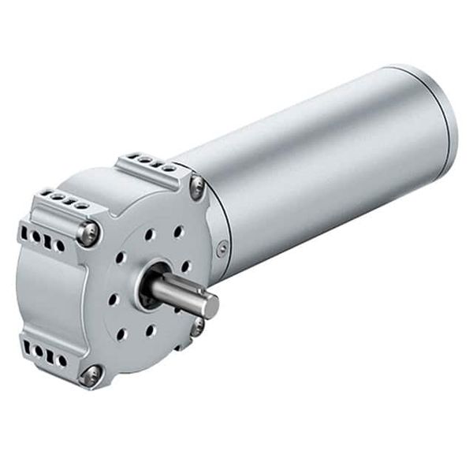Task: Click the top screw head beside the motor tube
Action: pos(197,185)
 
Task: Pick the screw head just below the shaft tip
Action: pos(197,324)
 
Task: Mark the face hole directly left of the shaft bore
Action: pos(114,299)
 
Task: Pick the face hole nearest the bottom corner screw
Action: pos(122,334)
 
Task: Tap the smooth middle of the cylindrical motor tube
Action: pos(315,166)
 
